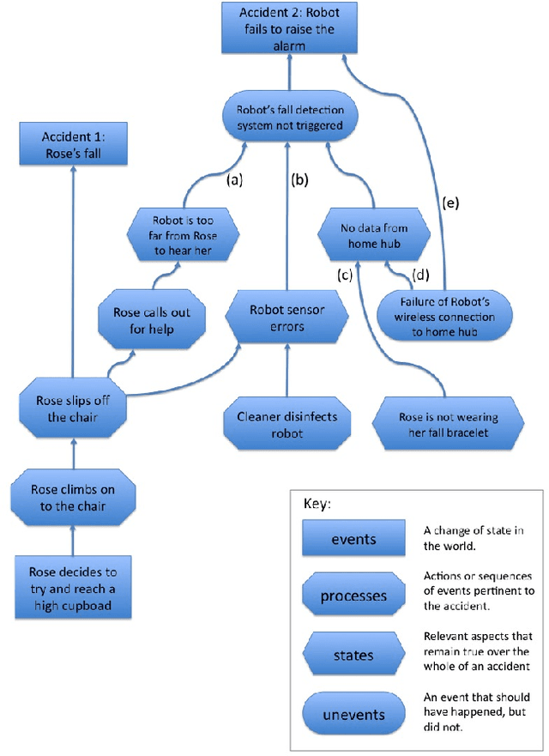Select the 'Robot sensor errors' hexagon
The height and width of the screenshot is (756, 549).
287,318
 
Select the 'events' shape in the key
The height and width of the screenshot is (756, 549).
354,540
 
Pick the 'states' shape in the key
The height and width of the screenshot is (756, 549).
354,654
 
